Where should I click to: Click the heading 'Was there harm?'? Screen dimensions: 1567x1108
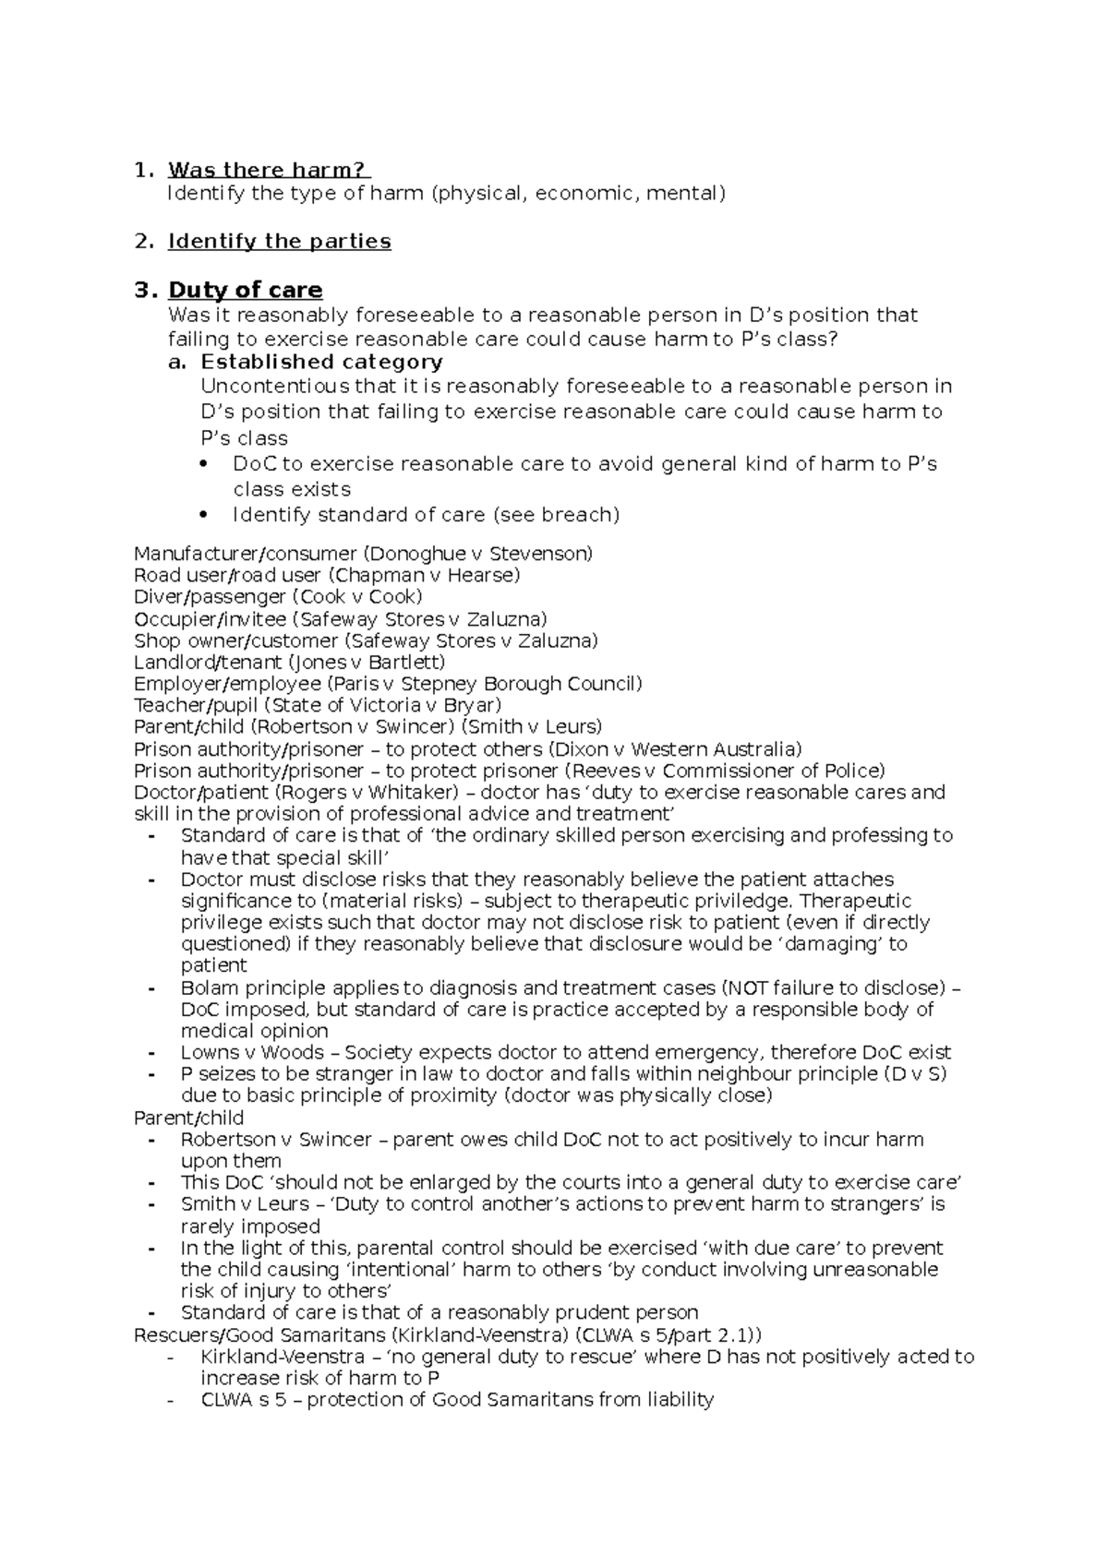pyautogui.click(x=268, y=170)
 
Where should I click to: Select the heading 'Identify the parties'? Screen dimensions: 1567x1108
pyautogui.click(x=279, y=241)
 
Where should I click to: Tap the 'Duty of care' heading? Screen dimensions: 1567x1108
pyautogui.click(x=245, y=290)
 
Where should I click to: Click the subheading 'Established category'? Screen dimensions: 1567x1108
pyautogui.click(x=321, y=362)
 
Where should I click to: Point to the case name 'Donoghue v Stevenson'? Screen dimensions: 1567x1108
pyautogui.click(x=476, y=554)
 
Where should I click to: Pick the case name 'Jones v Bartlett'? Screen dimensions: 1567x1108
pyautogui.click(x=367, y=662)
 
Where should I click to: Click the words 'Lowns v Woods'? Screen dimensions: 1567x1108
pyautogui.click(x=252, y=1052)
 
